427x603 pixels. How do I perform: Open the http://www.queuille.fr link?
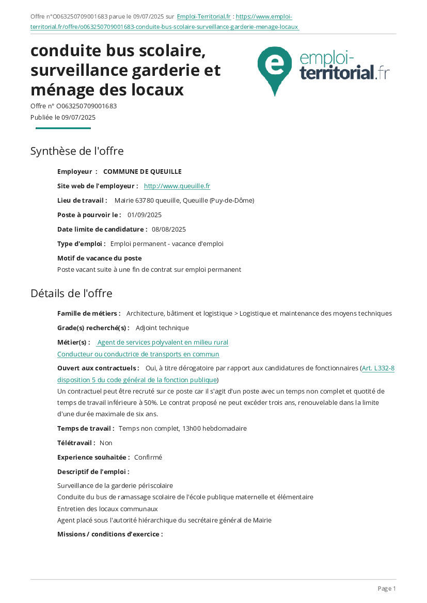point(177,186)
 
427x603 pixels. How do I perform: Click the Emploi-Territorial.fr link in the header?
point(203,17)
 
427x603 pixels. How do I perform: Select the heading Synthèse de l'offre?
point(77,151)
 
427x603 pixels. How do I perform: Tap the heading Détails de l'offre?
point(71,294)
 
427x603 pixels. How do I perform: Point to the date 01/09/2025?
point(145,215)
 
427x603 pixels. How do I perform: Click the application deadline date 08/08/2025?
point(169,230)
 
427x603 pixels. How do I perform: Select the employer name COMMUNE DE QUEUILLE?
point(143,172)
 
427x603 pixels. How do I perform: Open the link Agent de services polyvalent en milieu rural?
point(163,343)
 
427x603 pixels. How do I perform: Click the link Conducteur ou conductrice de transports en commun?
point(138,354)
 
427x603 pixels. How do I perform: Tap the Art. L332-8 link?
point(378,368)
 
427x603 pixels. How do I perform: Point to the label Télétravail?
point(76,443)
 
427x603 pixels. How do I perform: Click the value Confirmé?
point(148,458)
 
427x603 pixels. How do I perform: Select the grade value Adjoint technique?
point(162,328)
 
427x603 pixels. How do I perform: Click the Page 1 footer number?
point(387,589)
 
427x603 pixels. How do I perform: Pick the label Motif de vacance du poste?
point(99,258)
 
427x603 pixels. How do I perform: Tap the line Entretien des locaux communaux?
point(107,509)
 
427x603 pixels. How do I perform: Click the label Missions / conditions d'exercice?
point(110,534)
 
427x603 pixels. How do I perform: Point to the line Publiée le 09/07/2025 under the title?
point(63,118)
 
